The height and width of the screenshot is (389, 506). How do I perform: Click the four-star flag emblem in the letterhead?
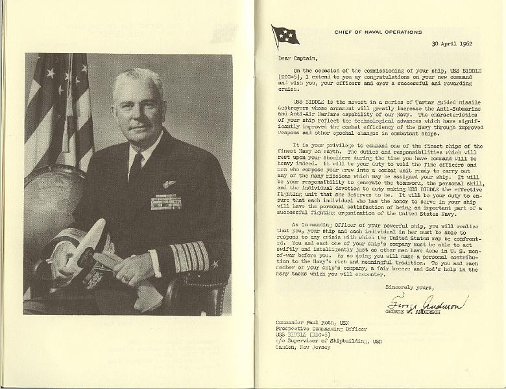point(285,35)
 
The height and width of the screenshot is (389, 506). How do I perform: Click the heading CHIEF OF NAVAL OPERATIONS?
point(378,31)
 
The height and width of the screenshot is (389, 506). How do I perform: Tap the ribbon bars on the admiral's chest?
point(165,202)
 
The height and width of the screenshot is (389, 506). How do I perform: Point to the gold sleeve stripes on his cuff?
point(189,256)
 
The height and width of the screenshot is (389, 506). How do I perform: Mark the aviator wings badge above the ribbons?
point(169,184)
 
